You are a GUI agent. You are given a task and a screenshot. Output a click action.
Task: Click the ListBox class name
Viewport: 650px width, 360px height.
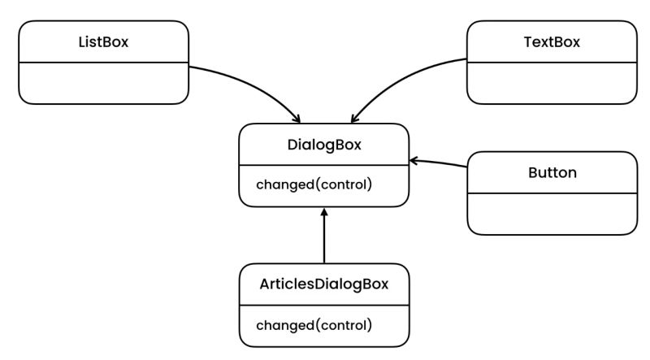(103, 42)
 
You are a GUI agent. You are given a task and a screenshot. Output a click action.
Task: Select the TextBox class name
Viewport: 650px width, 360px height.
(552, 42)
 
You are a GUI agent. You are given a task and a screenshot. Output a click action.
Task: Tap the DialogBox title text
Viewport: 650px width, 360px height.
(324, 145)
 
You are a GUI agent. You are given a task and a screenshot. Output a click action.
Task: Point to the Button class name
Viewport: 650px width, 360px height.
(552, 173)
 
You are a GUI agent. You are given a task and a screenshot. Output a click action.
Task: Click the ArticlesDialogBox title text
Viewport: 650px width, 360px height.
(324, 284)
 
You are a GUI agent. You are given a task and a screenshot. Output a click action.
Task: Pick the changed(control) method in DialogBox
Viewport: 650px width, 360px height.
(314, 184)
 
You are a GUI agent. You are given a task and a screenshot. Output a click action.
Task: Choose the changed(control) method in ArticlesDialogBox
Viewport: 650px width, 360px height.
(314, 325)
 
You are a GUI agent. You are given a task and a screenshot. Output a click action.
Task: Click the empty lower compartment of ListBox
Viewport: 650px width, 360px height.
(103, 83)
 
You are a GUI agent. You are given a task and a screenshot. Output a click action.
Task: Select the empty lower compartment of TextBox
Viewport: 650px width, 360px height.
(552, 83)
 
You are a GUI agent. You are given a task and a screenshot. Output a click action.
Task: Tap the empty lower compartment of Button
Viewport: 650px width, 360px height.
(552, 214)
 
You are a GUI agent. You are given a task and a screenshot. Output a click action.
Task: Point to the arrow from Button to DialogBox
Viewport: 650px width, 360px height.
(439, 163)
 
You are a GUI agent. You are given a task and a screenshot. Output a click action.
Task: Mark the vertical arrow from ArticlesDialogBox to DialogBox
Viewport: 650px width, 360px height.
(324, 240)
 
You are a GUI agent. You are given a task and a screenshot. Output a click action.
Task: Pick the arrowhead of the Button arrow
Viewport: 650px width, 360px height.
(413, 160)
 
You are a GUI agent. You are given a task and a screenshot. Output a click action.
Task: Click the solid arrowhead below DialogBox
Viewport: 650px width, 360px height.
(324, 211)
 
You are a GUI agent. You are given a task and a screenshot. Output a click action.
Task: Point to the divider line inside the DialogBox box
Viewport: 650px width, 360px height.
(324, 165)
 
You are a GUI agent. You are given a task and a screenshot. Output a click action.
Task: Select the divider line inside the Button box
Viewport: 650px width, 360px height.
(552, 193)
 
